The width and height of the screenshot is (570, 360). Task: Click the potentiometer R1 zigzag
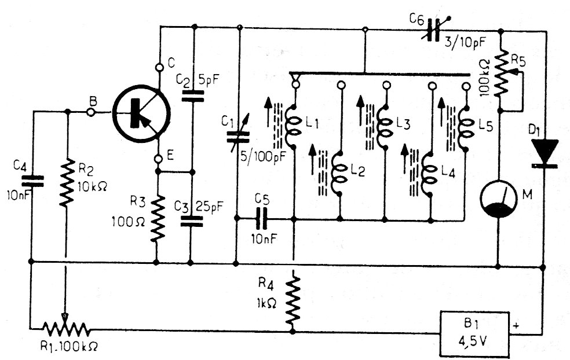[x=66, y=330]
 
